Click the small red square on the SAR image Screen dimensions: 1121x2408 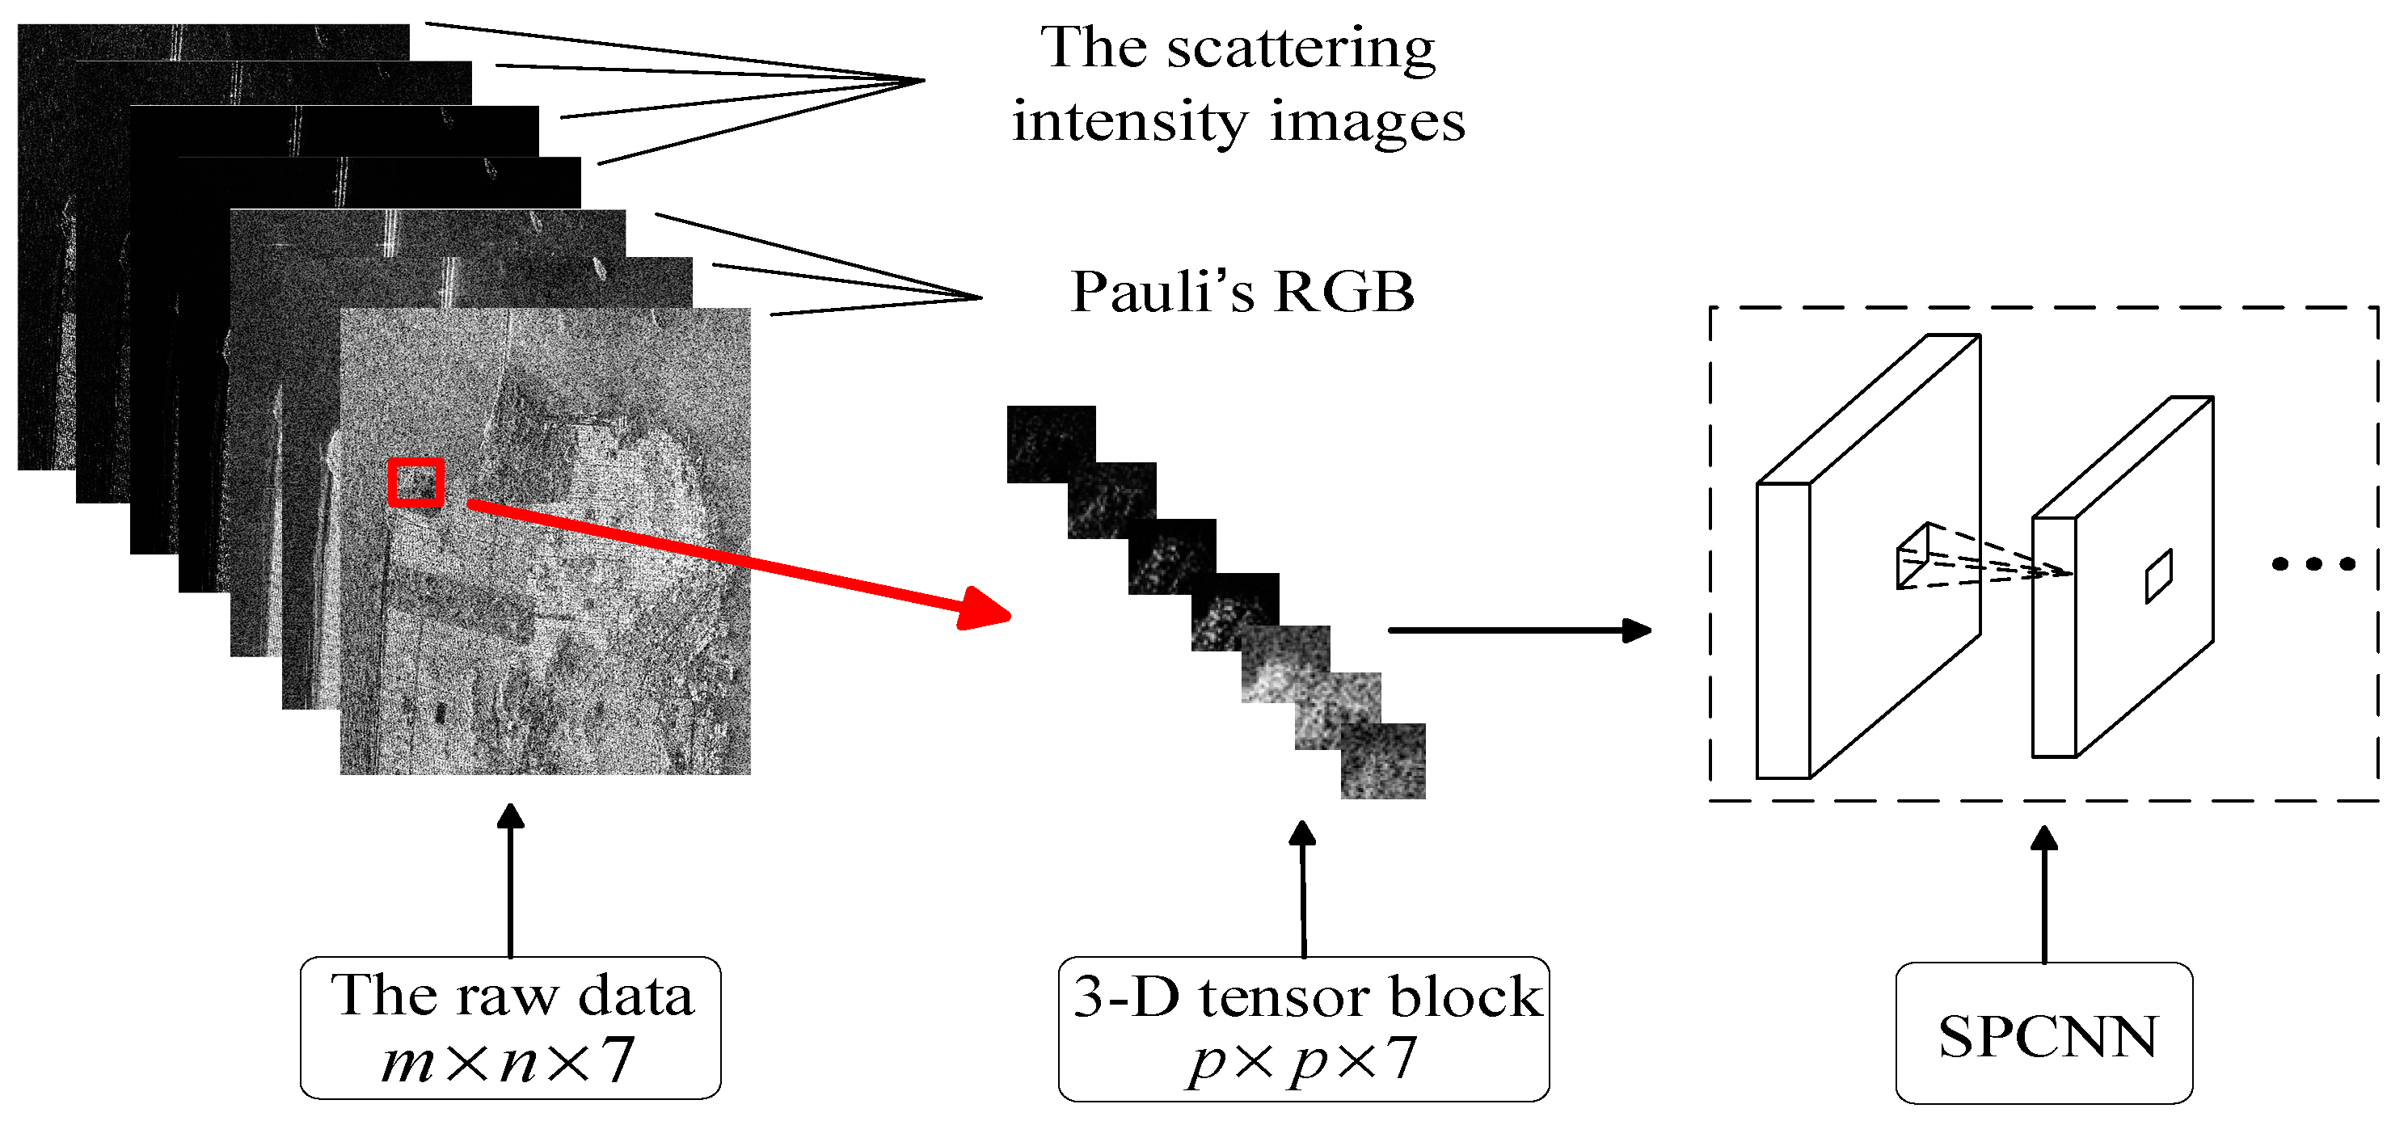(x=416, y=483)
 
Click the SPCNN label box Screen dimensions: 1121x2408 (x=2043, y=1032)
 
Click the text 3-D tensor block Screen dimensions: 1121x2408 (x=1306, y=997)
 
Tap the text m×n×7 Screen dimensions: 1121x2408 (x=508, y=1060)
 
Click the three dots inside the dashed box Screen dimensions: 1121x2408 (x=2313, y=564)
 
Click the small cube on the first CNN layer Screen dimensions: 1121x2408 (x=1912, y=558)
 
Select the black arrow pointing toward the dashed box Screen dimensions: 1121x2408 (x=1519, y=630)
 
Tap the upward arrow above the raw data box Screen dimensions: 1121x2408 (x=510, y=879)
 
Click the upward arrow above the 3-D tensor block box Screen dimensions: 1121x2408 (x=1303, y=888)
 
